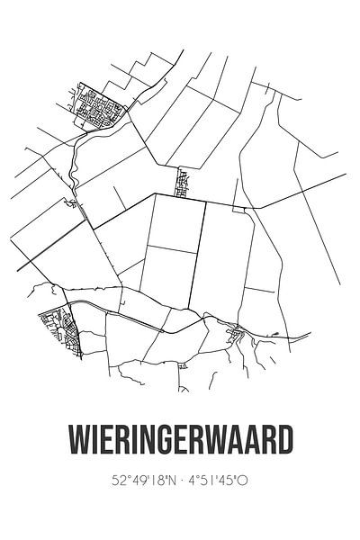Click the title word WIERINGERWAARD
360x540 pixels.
tap(180, 444)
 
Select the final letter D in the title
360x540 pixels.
tap(284, 444)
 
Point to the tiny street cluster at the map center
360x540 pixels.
tap(184, 183)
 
